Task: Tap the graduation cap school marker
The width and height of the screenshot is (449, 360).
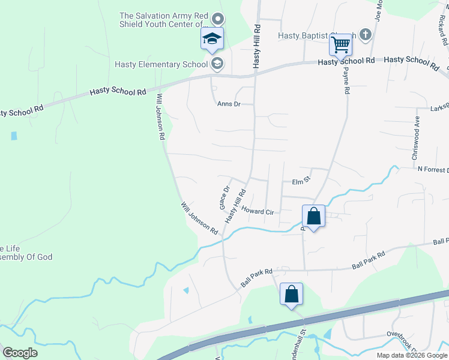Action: point(211,39)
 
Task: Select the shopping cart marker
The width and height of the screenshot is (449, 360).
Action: point(340,44)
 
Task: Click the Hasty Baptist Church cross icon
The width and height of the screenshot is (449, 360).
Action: point(366,35)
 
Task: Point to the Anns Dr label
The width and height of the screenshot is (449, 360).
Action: point(228,104)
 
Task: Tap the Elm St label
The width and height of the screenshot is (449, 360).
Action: point(300,182)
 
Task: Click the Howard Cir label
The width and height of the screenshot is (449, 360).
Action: point(258,211)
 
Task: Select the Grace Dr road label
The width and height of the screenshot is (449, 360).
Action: point(224,197)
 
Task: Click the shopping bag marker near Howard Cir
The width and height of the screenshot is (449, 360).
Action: point(313,215)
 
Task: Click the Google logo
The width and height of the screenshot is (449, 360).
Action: point(19,353)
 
